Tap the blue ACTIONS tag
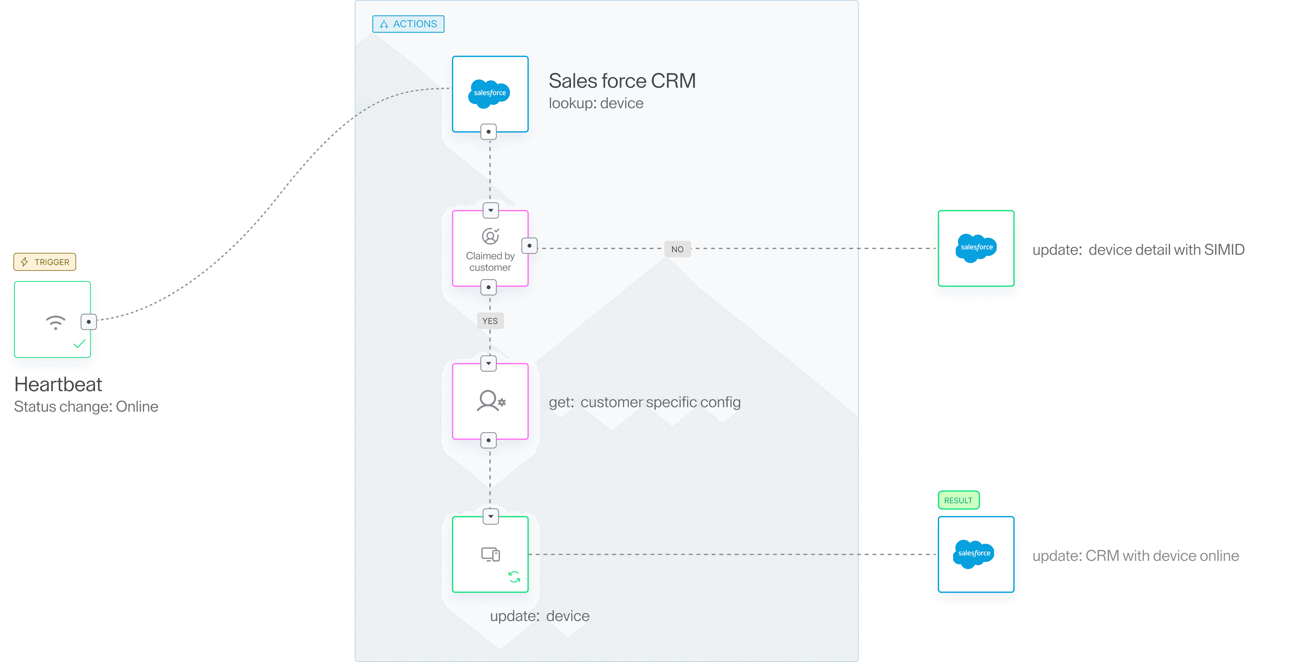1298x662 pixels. tap(408, 24)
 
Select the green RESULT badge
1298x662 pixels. tap(958, 500)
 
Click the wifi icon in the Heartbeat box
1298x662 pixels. tap(55, 322)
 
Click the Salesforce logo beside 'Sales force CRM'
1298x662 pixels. tap(489, 93)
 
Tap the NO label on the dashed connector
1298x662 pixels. tap(677, 249)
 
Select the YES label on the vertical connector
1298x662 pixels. tap(490, 321)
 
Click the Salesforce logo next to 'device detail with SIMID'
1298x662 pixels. tap(976, 247)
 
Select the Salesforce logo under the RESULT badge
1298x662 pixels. tap(974, 553)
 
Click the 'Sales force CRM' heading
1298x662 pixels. tap(622, 81)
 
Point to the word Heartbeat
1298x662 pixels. tap(58, 384)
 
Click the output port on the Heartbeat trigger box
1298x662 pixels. tap(89, 322)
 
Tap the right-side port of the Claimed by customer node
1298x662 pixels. tap(529, 246)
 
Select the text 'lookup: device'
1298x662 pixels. tap(596, 103)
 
